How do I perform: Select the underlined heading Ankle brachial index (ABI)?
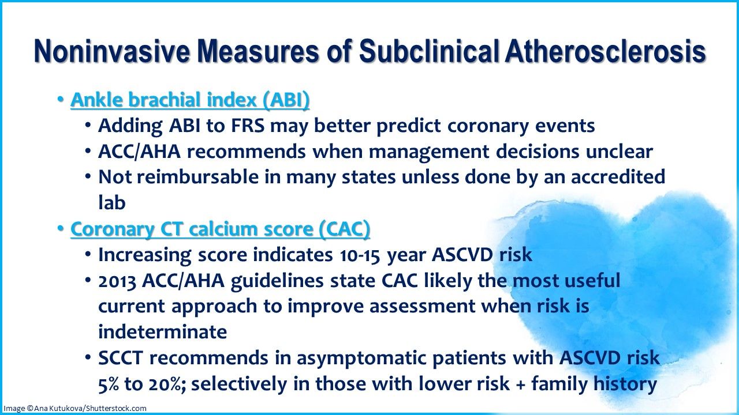(190, 100)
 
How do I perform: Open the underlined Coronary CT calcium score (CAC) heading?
(220, 229)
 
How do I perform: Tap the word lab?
(111, 202)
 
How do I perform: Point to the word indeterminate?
(162, 332)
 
